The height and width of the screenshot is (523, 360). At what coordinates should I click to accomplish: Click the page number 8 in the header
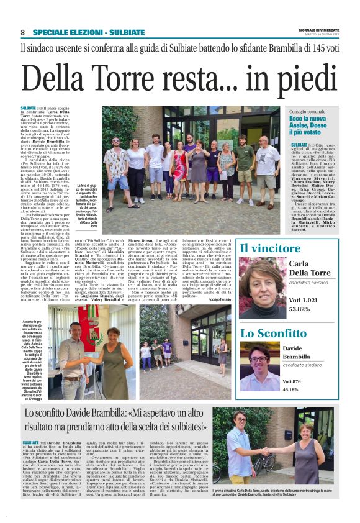click(22, 32)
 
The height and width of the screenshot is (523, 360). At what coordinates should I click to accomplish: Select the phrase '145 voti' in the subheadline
click(320, 47)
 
